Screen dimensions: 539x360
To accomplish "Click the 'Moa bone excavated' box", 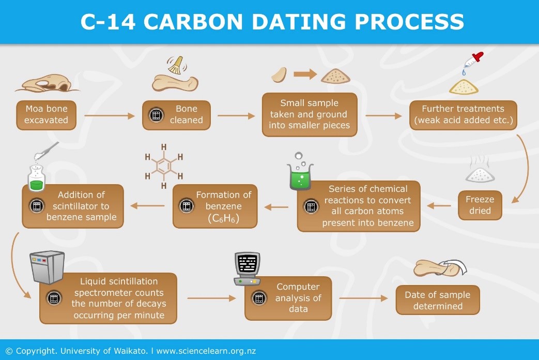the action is (46, 115).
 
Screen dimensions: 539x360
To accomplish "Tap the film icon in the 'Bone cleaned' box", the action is (156, 115).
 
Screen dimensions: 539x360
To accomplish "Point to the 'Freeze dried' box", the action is (480, 205).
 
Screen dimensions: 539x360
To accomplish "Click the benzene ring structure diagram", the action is (164, 166).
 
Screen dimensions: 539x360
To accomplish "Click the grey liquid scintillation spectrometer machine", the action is (47, 267).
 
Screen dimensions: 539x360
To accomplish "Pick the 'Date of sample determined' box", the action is (438, 300).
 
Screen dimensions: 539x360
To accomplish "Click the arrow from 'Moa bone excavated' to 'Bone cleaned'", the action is (110, 116).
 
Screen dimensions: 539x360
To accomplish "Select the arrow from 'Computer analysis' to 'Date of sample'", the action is (363, 298).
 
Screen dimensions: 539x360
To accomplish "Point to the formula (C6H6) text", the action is (223, 218).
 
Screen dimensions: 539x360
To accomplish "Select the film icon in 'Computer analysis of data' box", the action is (259, 298).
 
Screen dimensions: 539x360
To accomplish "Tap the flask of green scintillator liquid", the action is (37, 177).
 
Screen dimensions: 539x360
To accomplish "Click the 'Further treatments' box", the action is (463, 115).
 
